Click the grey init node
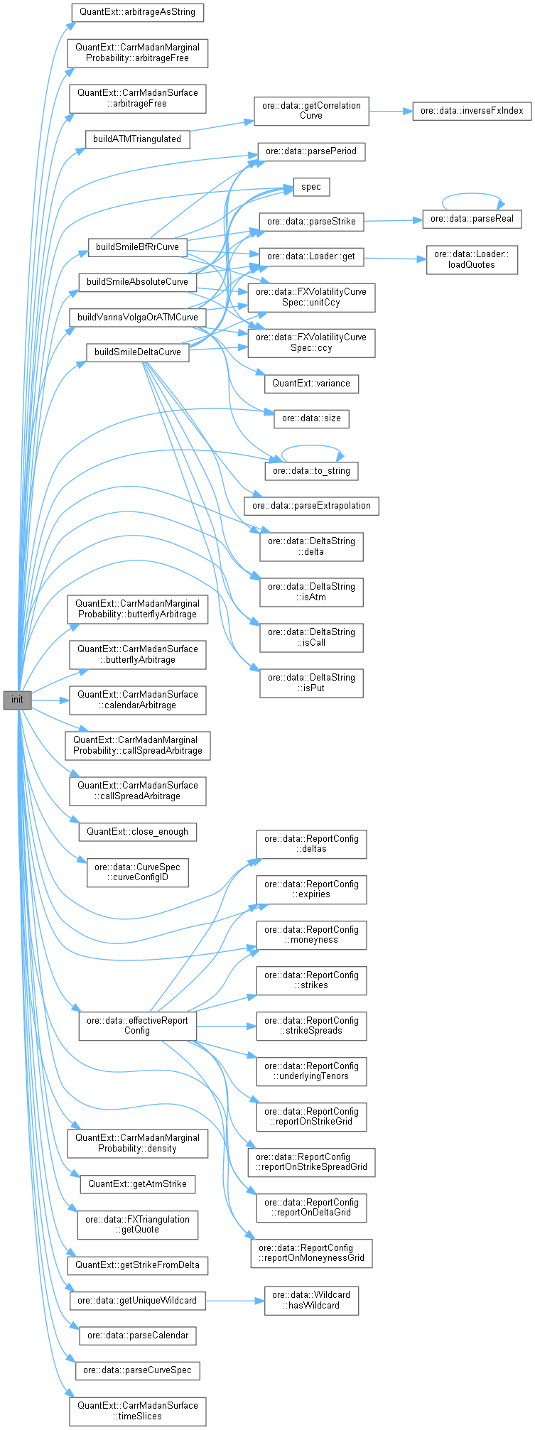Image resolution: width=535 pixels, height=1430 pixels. [x=17, y=700]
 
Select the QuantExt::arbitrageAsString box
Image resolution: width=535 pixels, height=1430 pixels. [x=137, y=12]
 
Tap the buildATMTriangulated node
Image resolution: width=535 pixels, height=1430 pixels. [x=137, y=139]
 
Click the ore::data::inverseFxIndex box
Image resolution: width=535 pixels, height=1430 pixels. [x=472, y=111]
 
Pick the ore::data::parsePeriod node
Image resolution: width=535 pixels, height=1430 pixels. [x=311, y=151]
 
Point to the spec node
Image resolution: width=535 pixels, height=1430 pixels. [x=311, y=187]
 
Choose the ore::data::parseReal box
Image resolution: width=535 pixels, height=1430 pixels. [x=472, y=219]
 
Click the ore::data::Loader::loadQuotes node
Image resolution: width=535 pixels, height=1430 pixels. [x=472, y=259]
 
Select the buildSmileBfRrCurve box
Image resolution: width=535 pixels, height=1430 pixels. [x=137, y=247]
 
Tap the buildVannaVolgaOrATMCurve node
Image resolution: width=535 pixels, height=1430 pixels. [x=137, y=317]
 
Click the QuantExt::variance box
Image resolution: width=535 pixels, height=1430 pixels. [x=311, y=383]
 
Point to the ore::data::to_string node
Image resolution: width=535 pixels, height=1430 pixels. [x=311, y=470]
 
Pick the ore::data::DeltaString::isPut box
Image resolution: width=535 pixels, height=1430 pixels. [x=311, y=683]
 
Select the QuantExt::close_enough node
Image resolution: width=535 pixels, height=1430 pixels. [x=137, y=831]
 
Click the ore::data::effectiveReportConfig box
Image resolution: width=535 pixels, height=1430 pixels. [x=137, y=1025]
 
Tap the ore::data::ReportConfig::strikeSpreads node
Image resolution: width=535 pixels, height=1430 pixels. [x=311, y=1025]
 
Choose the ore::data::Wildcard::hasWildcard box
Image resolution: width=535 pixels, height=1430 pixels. [x=311, y=1300]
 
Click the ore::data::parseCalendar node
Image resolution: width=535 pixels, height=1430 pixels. [x=137, y=1335]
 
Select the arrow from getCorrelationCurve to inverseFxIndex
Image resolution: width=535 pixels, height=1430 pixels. [x=390, y=112]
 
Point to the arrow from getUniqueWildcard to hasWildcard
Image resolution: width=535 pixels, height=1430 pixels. [x=235, y=1301]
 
